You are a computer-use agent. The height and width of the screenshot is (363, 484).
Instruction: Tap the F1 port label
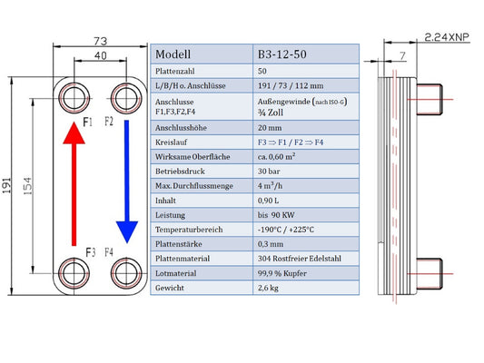88,120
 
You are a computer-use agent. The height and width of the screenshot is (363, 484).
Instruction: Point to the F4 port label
109,251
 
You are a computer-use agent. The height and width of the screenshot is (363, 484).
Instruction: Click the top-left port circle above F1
75,95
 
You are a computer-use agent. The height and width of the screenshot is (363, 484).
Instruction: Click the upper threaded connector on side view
438,97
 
